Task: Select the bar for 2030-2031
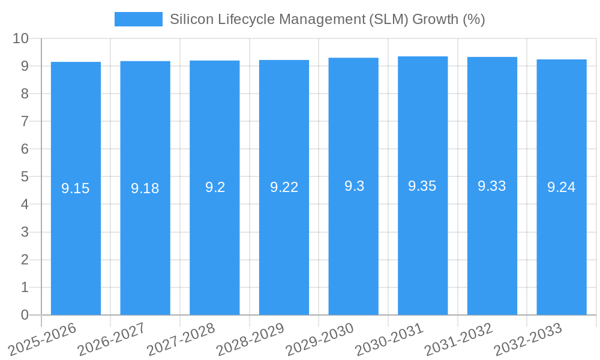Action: coord(422,240)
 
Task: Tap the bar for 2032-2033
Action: coord(562,240)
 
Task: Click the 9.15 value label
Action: coord(76,188)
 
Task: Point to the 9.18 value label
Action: coord(145,188)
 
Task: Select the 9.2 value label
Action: coord(215,187)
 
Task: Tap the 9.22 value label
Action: coord(284,187)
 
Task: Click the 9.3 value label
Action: coord(353,186)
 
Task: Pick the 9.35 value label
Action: coord(422,186)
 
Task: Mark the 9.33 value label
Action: coord(492,186)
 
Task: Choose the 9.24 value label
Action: coord(562,187)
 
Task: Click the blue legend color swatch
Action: coord(139,19)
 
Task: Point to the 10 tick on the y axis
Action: coord(21,38)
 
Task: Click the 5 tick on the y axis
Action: coord(25,176)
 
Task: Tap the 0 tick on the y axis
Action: coord(25,315)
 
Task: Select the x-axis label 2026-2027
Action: coord(114,339)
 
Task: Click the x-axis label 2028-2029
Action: coord(253,339)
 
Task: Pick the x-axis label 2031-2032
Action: coord(461,339)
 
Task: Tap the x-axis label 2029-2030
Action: coord(322,339)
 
